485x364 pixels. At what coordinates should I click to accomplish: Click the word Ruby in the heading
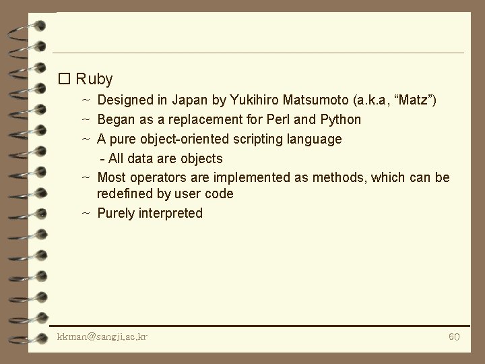(94, 79)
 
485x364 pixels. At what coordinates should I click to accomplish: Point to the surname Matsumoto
(316, 101)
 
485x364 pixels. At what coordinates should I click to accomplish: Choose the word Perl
(271, 120)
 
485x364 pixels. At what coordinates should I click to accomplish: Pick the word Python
(340, 120)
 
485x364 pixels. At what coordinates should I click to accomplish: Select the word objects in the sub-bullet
(201, 159)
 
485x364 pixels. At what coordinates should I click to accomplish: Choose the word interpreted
(171, 214)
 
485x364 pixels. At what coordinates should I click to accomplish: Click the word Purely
(117, 214)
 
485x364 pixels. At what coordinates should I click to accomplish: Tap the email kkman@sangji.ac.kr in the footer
(102, 336)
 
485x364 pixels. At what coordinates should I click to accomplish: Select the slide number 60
(454, 336)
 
